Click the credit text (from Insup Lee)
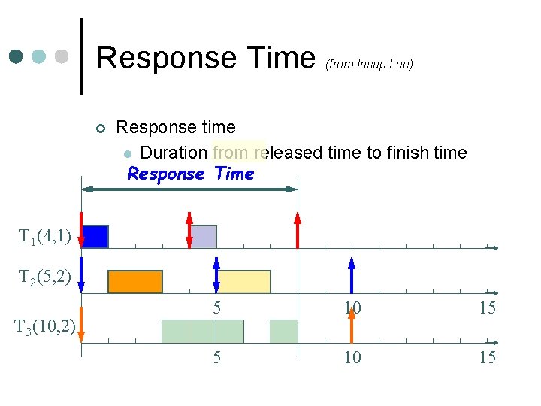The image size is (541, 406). coord(369,65)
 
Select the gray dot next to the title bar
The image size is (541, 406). coord(61,56)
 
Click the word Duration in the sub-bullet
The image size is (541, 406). coord(174,153)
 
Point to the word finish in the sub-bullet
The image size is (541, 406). coord(408,153)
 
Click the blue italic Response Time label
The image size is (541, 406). coord(191,174)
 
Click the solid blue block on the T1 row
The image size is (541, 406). coord(95,236)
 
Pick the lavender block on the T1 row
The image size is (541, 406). coord(204,236)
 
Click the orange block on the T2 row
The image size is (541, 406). coord(135,281)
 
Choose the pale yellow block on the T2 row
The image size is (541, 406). coord(244,281)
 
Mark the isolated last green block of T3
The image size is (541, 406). coord(283,331)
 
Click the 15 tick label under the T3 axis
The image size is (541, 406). coord(488,358)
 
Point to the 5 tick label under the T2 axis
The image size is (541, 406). coord(216,308)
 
